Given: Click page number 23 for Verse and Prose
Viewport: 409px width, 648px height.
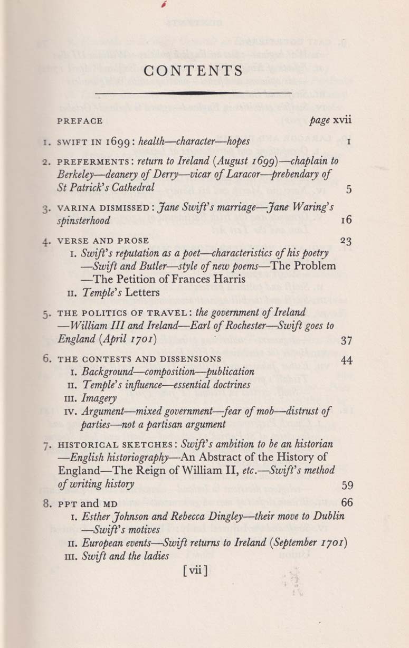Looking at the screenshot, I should click(346, 241).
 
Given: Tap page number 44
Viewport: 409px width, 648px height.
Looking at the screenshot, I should click(346, 360).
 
